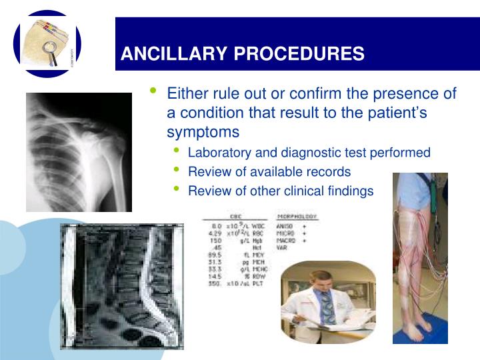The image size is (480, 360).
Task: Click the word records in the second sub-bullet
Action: pyautogui.click(x=327, y=172)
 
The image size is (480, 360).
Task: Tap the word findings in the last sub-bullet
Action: pyautogui.click(x=350, y=191)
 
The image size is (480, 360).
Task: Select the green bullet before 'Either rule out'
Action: pyautogui.click(x=155, y=91)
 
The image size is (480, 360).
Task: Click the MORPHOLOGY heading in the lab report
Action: pyautogui.click(x=296, y=217)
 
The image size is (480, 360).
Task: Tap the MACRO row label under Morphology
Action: pyautogui.click(x=286, y=241)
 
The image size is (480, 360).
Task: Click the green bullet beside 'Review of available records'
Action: pyautogui.click(x=177, y=170)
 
